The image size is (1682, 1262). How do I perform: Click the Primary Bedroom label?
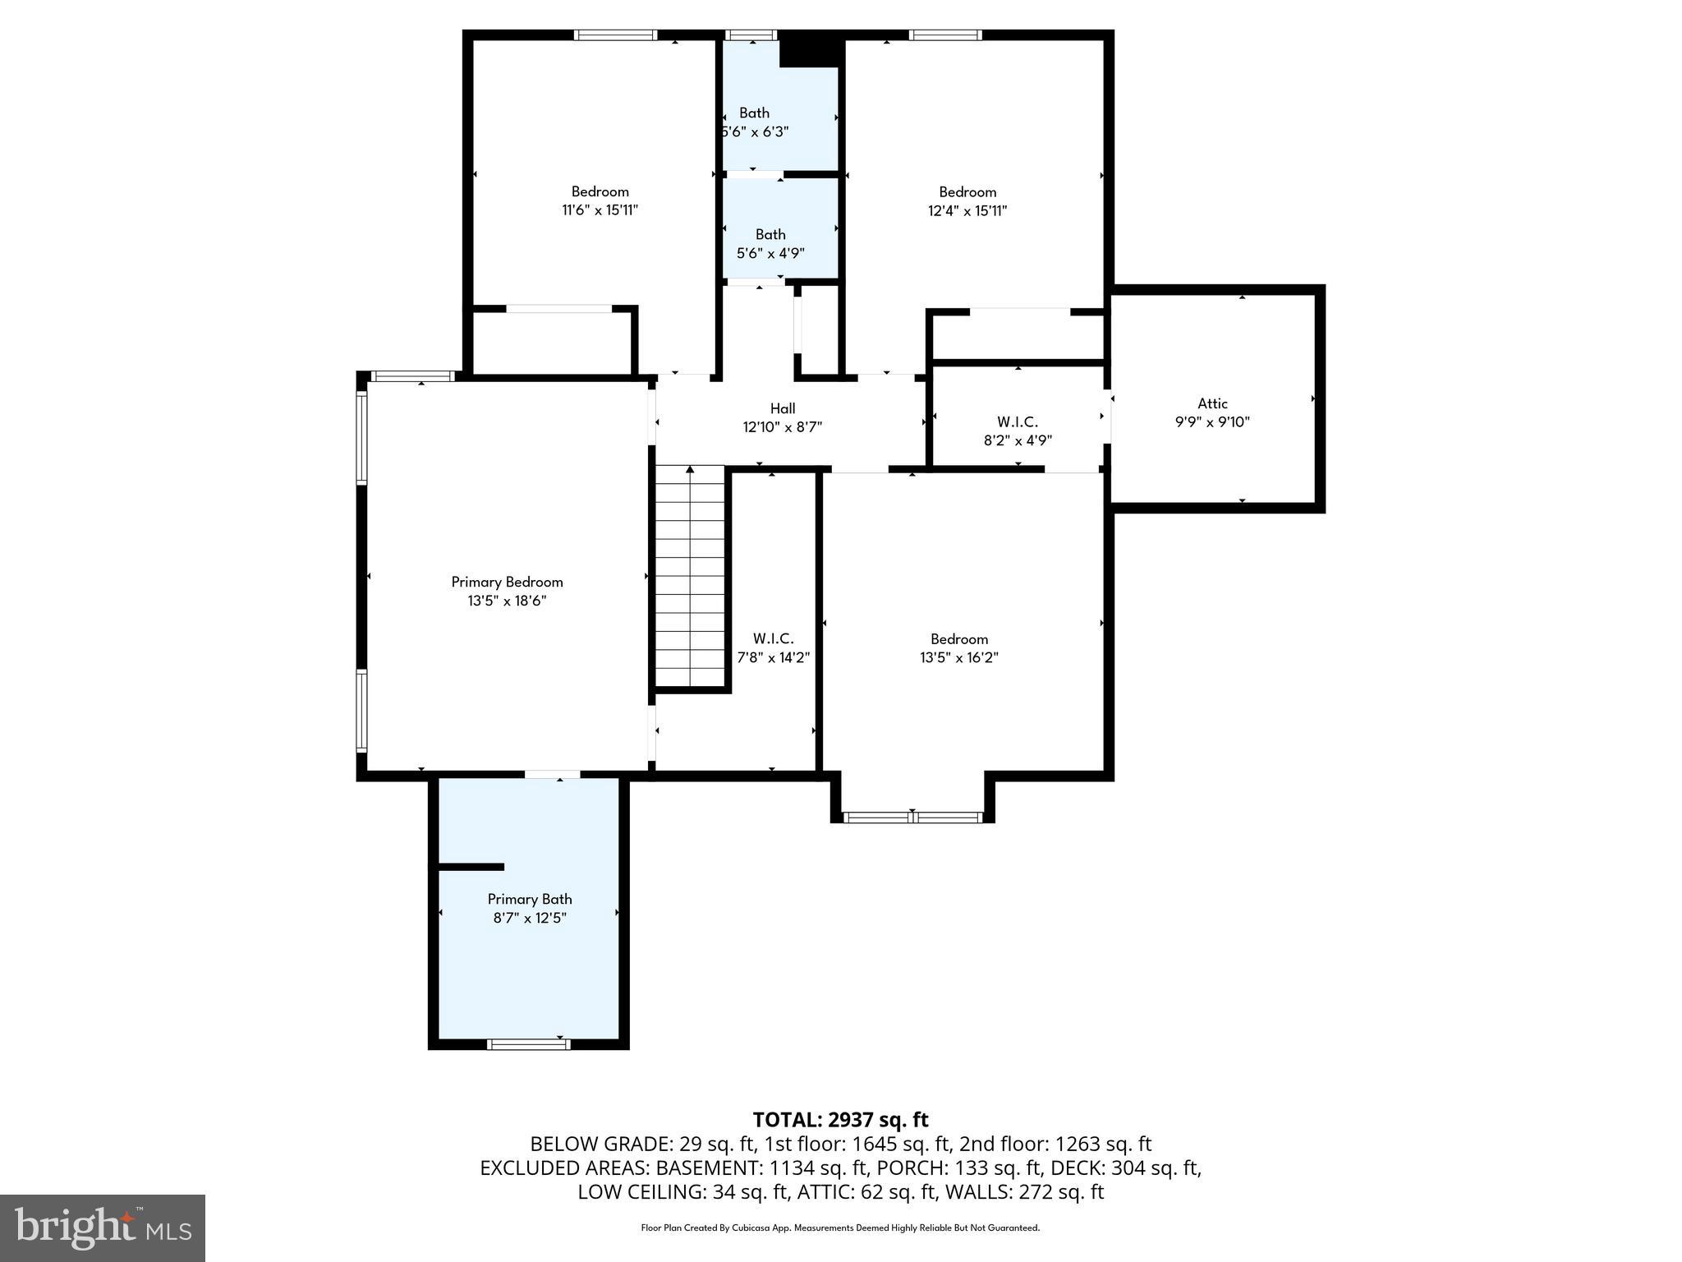click(507, 582)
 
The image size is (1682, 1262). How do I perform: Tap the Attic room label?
click(1212, 403)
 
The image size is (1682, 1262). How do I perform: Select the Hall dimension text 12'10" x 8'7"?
click(782, 427)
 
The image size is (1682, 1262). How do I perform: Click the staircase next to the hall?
click(691, 575)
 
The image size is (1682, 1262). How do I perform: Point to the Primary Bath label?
click(530, 899)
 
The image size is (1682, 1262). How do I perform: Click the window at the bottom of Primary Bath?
click(528, 1044)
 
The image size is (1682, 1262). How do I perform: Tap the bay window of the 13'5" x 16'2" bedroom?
click(912, 817)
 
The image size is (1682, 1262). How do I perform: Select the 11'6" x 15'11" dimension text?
click(600, 210)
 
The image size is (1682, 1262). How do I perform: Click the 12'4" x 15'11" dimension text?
click(967, 210)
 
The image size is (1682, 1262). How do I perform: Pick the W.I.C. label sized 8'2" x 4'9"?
click(1018, 422)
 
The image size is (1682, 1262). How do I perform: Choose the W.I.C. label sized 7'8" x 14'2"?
click(773, 638)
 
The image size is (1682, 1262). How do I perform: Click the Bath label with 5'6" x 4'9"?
click(770, 235)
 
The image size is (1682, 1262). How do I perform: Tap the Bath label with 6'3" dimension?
click(754, 113)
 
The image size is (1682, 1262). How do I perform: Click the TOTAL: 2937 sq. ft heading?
click(840, 1120)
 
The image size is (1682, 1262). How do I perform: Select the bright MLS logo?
click(103, 1227)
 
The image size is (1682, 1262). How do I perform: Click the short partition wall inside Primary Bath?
click(471, 867)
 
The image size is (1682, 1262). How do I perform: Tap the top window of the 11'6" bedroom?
click(615, 35)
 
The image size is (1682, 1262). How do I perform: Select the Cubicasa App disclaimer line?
click(840, 1228)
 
